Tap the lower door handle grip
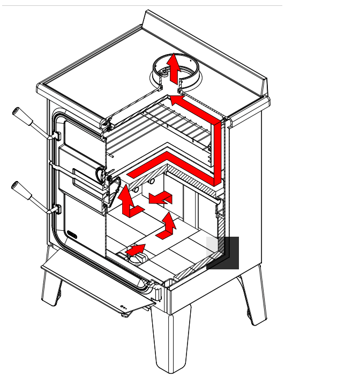click(x=24, y=193)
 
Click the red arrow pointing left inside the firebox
click(x=161, y=199)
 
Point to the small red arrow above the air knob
click(x=136, y=249)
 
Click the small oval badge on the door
click(x=73, y=233)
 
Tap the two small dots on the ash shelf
click(x=124, y=308)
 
